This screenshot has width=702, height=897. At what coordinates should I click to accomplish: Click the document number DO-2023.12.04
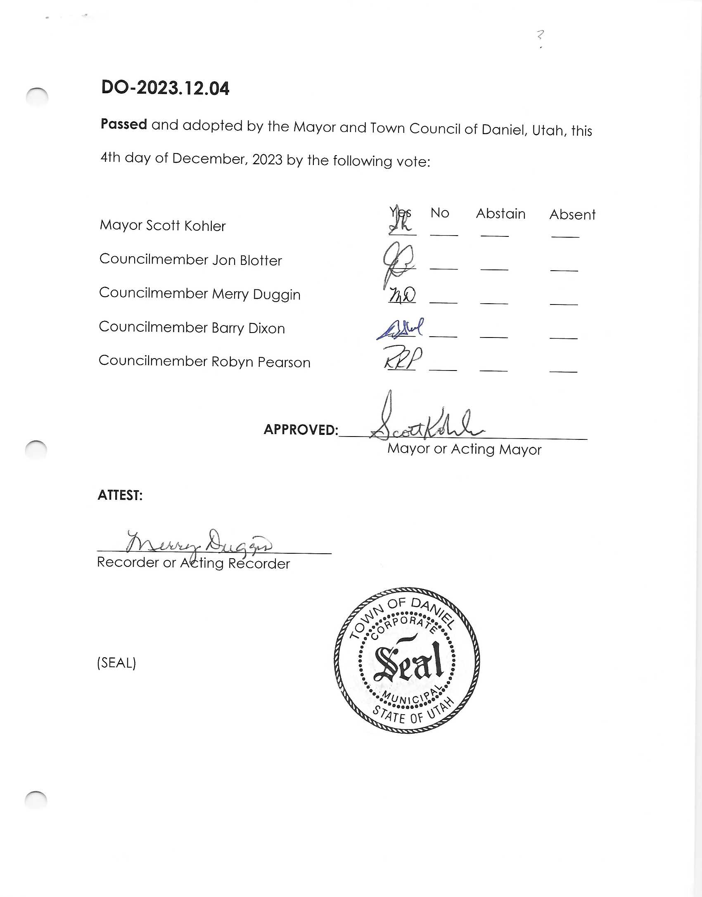[165, 88]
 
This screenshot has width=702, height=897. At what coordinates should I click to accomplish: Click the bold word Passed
[124, 124]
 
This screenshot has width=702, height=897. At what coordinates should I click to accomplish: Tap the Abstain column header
[500, 214]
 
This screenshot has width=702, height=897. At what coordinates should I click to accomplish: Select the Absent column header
[572, 215]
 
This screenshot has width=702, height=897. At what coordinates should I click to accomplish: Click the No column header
[440, 213]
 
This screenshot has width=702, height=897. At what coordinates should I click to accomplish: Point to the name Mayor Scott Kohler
[163, 225]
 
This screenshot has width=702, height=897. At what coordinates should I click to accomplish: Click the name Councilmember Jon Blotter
[190, 260]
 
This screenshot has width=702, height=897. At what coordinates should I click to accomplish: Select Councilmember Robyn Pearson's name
[204, 361]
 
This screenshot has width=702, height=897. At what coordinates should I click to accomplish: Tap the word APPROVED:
[301, 430]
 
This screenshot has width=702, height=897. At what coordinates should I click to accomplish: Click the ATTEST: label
[120, 495]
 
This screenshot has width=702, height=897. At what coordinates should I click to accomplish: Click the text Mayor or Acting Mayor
[464, 449]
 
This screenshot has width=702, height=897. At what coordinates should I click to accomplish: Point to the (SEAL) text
[116, 663]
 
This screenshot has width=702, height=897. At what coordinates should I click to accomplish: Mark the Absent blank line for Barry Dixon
[563, 338]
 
